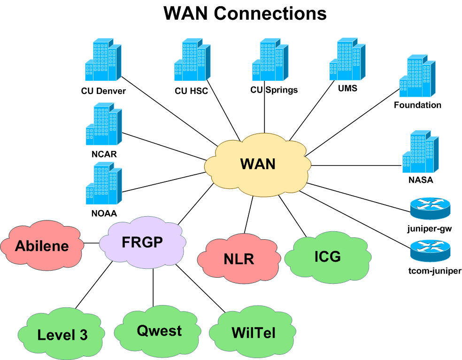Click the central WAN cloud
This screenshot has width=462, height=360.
click(x=258, y=165)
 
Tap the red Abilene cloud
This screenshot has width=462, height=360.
click(x=42, y=245)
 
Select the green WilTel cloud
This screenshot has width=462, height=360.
click(x=253, y=333)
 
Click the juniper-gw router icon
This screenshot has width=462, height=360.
click(x=430, y=208)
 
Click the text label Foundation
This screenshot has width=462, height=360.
click(x=417, y=105)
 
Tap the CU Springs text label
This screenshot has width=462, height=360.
click(x=274, y=90)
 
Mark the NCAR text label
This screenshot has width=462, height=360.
click(x=104, y=154)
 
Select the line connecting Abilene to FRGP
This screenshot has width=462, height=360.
click(x=92, y=243)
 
